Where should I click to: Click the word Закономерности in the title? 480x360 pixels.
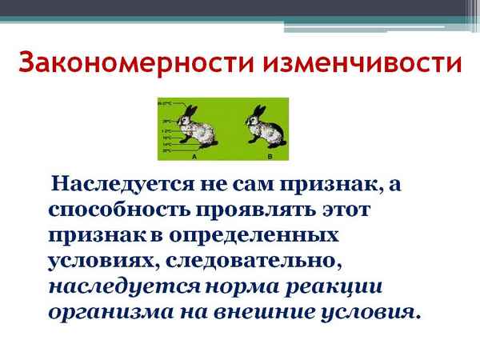(x=120, y=62)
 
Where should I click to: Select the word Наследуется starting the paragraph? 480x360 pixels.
(x=114, y=186)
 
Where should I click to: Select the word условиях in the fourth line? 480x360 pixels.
(x=92, y=260)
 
